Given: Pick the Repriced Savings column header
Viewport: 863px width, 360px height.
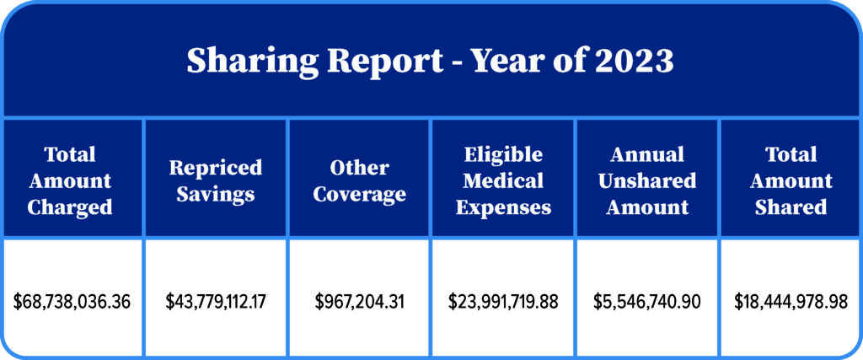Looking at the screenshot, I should [x=216, y=180].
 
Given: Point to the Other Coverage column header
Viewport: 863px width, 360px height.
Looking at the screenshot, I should [x=360, y=180].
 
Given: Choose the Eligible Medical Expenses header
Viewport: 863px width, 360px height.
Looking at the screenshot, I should [x=503, y=180].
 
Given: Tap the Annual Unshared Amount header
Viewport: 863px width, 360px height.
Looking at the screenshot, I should [x=647, y=180].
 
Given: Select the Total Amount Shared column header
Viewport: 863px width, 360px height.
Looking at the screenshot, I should [x=791, y=180].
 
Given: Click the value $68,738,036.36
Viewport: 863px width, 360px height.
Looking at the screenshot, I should [x=72, y=301].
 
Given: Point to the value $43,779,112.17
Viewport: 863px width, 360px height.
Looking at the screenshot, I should [x=216, y=301].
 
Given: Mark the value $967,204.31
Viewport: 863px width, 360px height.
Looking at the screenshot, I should [x=360, y=301].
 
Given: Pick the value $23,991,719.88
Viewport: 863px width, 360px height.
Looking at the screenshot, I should [x=503, y=301].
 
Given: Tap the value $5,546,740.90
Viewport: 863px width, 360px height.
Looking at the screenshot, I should [x=647, y=301].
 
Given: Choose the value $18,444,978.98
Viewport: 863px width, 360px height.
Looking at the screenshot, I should [x=791, y=301].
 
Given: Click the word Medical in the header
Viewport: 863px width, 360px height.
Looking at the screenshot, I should [x=503, y=180].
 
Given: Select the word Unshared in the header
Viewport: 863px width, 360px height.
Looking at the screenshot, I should [x=647, y=180].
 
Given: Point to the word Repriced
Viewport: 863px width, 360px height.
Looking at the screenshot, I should [x=216, y=167].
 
